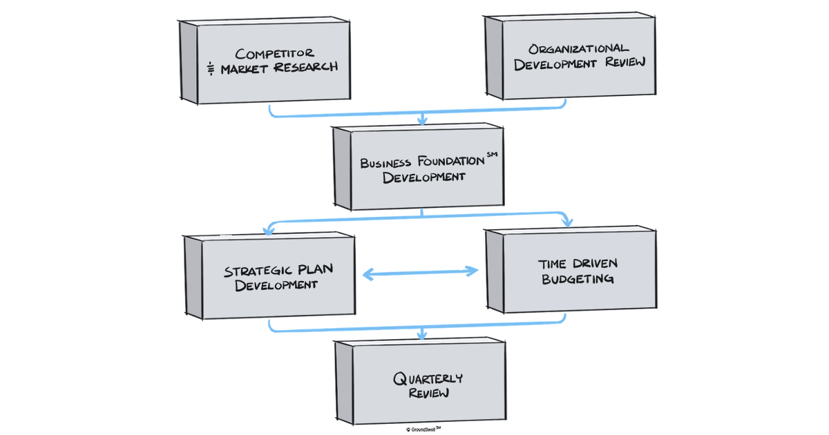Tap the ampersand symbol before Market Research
pos(211,68)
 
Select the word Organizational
pos(579,48)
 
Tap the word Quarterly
pos(428,378)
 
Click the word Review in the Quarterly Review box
pos(428,394)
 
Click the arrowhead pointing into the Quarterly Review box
pos(423,335)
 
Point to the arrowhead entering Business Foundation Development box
pos(423,120)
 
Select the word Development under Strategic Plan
pos(276,285)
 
